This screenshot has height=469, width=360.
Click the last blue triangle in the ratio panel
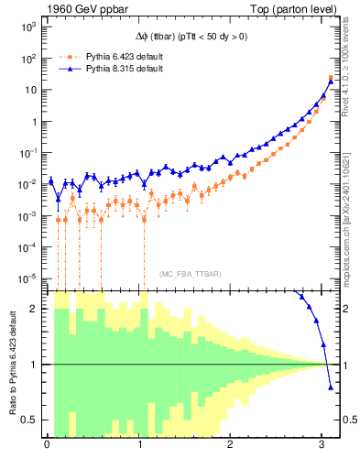coord(331,387)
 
